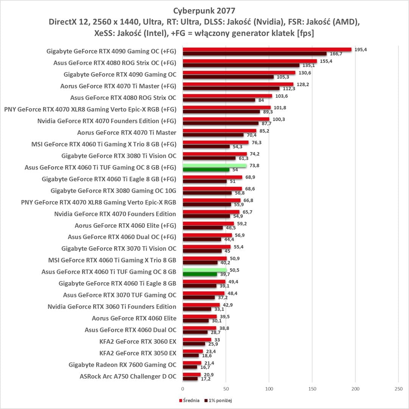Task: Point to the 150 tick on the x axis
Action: pyautogui.click(x=312, y=389)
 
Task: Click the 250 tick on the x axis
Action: pyautogui.click(x=398, y=389)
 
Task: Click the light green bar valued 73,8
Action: pyautogui.click(x=215, y=165)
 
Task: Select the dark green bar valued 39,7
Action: pyautogui.click(x=200, y=274)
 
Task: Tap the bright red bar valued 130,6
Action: pyautogui.click(x=239, y=72)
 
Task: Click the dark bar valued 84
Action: pyautogui.click(x=219, y=100)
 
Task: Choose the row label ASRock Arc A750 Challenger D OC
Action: pyautogui.click(x=128, y=376)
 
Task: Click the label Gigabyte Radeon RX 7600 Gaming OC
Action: pyautogui.click(x=122, y=365)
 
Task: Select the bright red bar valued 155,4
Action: pyautogui.click(x=250, y=61)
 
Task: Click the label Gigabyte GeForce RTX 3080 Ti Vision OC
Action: pyautogui.click(x=118, y=156)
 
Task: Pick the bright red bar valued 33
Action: pyautogui.click(x=197, y=340)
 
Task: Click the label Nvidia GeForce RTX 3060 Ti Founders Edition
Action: pyautogui.click(x=112, y=306)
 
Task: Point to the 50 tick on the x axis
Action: pyautogui.click(x=226, y=389)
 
